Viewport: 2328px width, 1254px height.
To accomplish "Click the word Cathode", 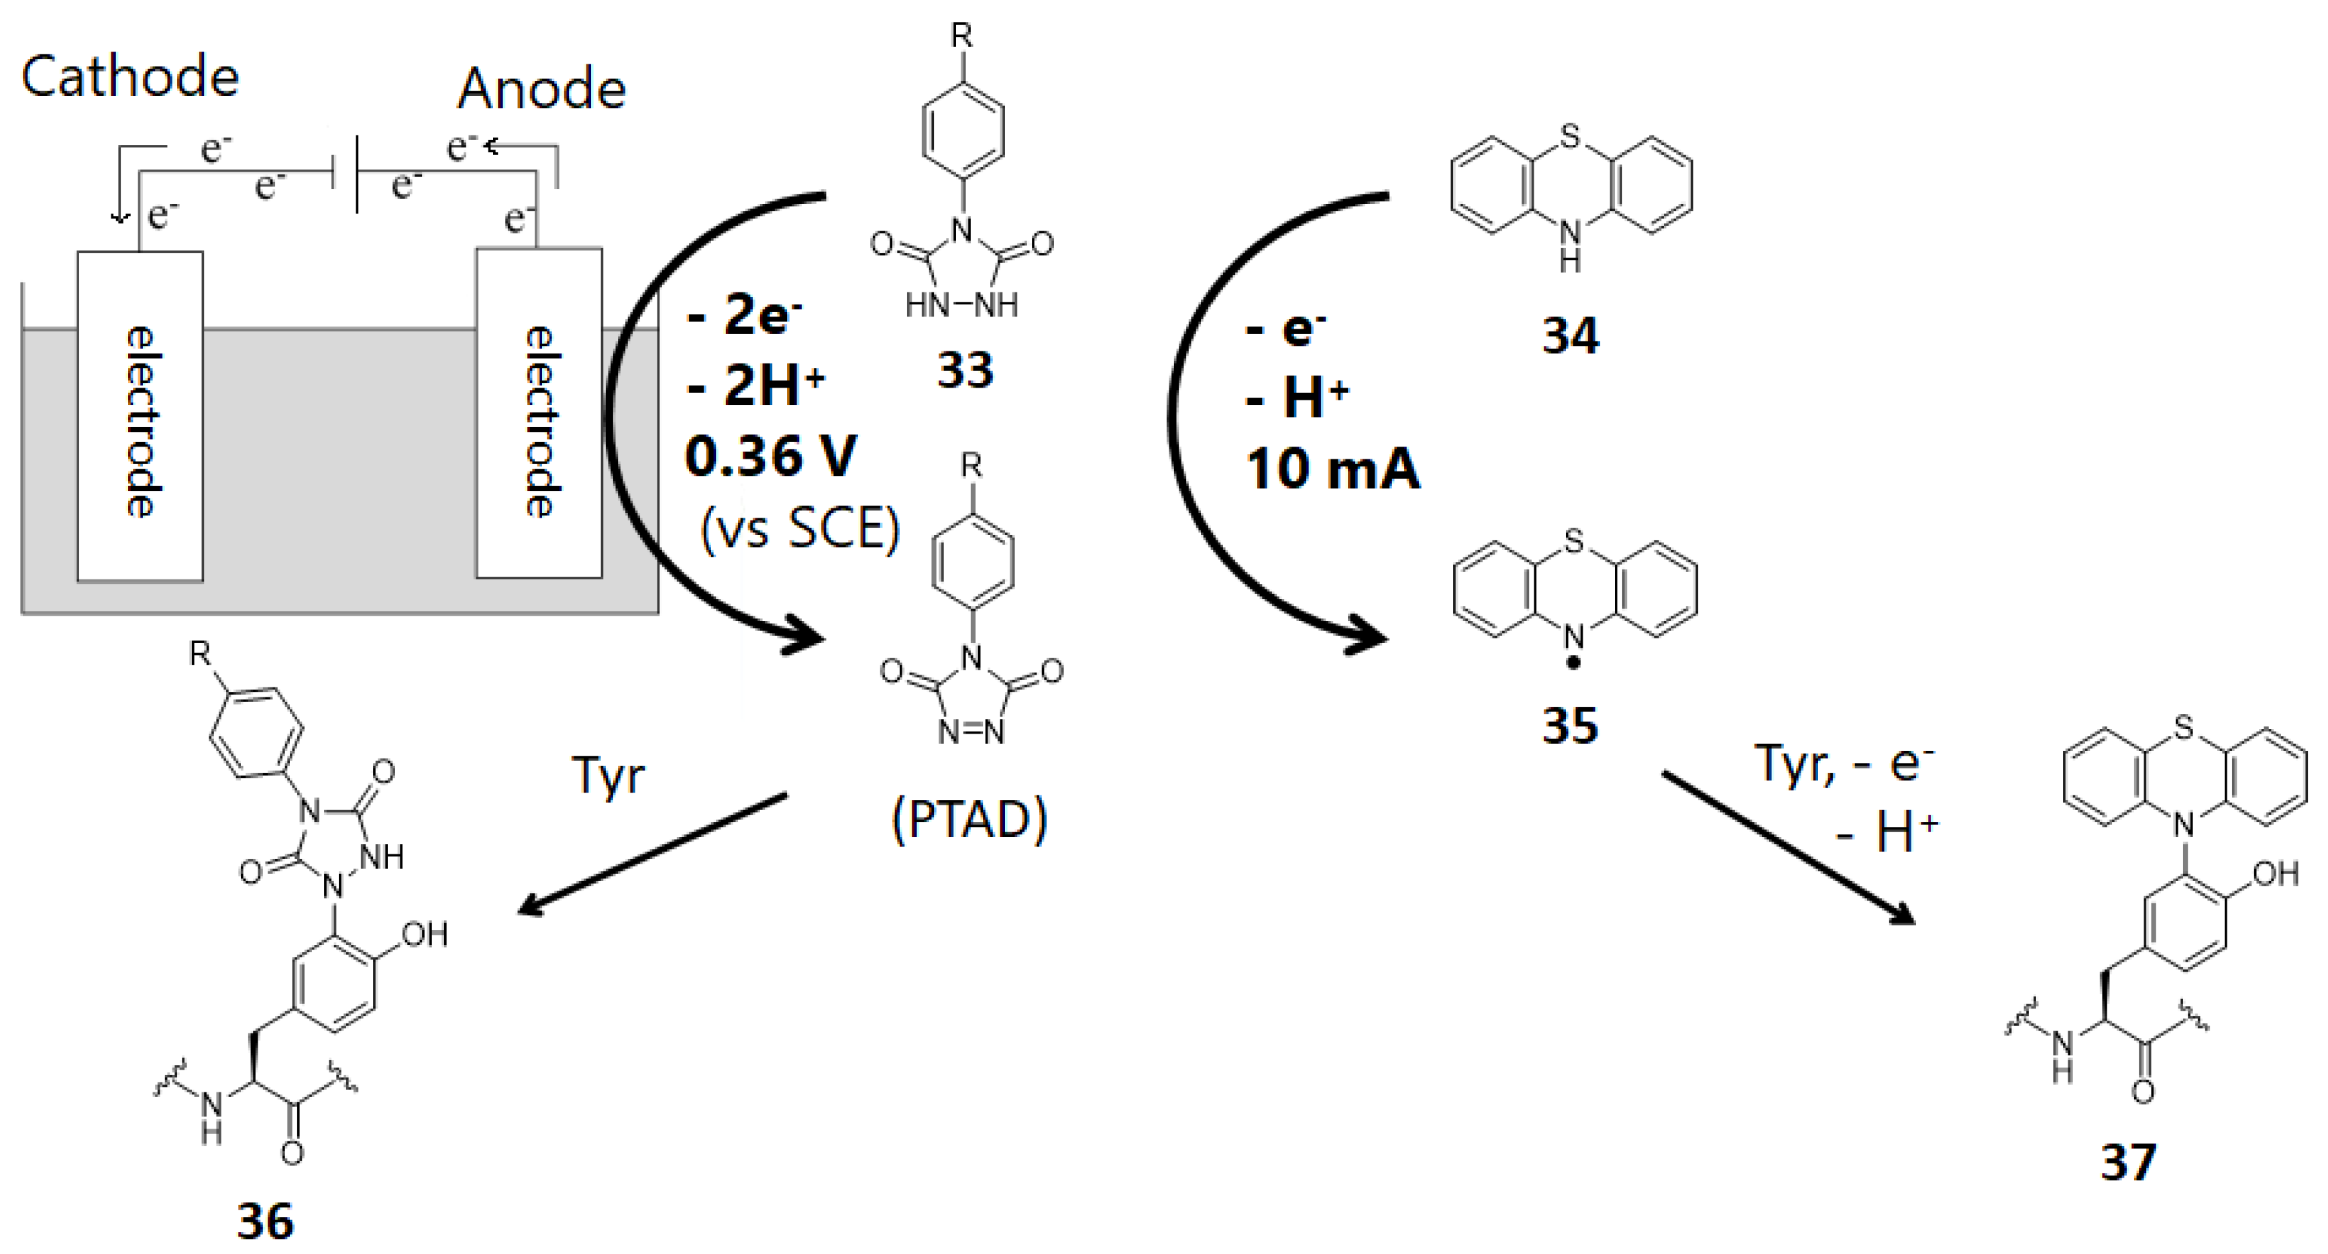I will pos(129,77).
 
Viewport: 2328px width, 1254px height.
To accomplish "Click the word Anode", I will pos(541,89).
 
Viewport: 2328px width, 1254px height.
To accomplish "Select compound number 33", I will pos(965,369).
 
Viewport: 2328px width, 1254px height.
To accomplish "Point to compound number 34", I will pos(1570,336).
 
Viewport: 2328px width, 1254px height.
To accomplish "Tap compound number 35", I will pos(1570,726).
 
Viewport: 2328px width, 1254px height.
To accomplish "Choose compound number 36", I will pos(265,1221).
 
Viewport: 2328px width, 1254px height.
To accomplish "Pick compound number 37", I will pos(2127,1162).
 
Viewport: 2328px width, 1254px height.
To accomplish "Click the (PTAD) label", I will pos(969,819).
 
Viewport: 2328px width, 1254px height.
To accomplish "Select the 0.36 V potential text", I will pos(770,456).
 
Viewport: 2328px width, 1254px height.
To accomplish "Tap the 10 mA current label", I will pos(1332,470).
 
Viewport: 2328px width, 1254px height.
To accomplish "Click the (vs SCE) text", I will pos(800,528).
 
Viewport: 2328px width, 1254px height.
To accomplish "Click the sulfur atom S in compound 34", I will pos(1570,136).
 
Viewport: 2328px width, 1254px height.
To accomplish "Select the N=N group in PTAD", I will pos(971,731).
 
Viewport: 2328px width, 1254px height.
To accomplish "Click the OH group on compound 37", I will pos(2275,874).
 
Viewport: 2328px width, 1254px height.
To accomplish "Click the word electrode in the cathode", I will pos(141,421).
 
